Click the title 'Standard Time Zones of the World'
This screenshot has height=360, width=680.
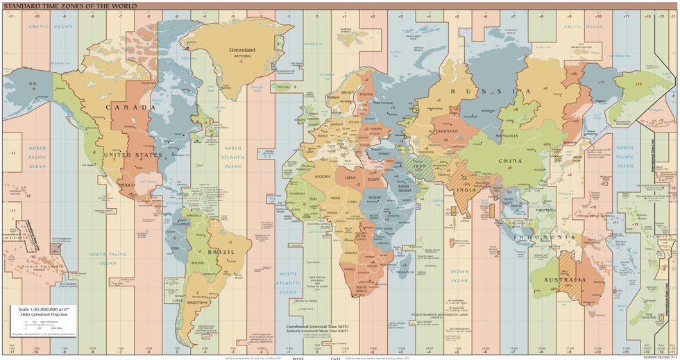[69, 6]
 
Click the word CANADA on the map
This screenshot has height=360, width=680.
[130, 108]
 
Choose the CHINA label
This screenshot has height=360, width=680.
[511, 160]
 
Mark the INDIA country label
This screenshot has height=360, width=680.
[465, 189]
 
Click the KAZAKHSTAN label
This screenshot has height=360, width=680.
[444, 131]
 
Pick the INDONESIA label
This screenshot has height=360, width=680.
[548, 237]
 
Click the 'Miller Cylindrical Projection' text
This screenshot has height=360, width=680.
[44, 315]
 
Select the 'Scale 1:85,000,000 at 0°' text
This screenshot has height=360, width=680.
[43, 309]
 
